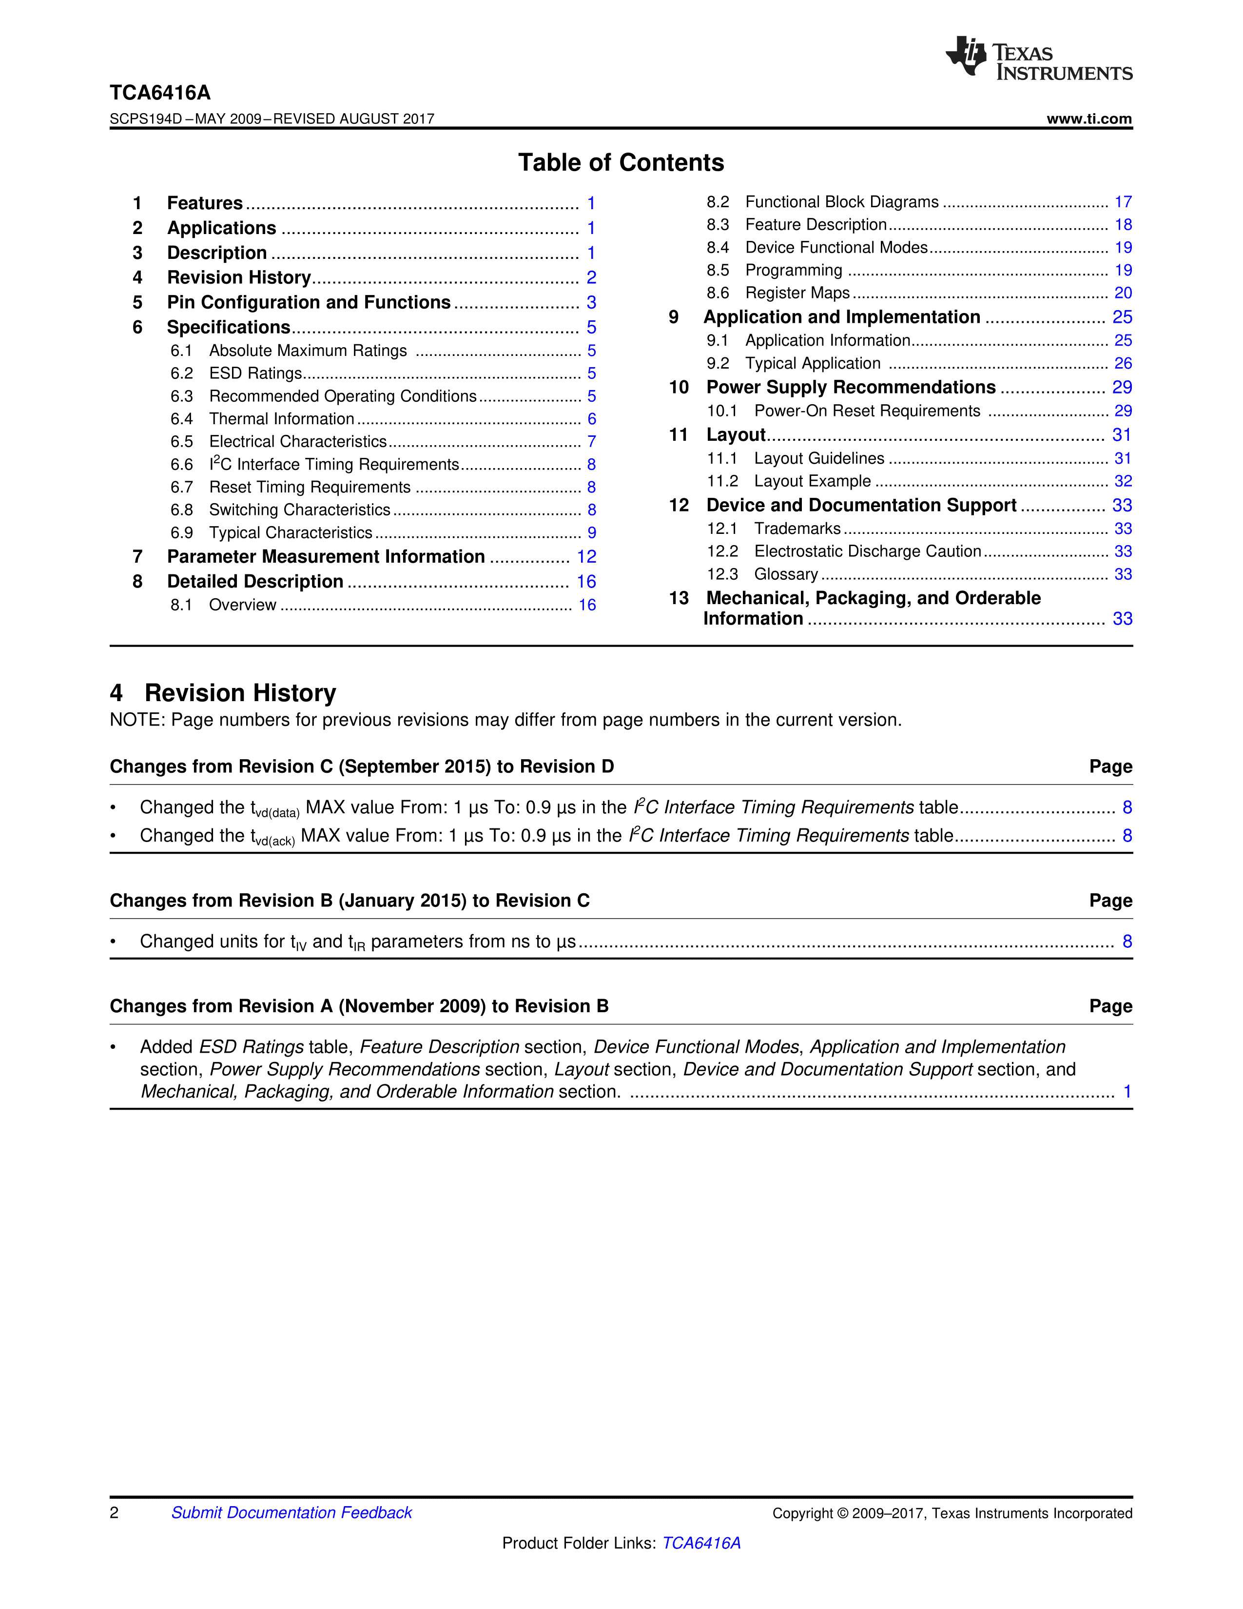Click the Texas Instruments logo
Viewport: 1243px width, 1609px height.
1038,58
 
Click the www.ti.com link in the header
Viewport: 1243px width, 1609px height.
1088,118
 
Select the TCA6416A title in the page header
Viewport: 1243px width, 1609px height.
160,93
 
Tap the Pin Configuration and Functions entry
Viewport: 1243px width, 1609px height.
309,303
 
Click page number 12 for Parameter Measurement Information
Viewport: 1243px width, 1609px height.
586,557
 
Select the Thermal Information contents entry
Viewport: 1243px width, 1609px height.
281,419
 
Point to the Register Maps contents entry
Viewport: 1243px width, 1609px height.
797,293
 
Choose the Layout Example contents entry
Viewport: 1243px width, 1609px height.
812,482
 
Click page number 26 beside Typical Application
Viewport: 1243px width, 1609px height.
1122,364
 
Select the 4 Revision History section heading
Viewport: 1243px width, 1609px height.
223,693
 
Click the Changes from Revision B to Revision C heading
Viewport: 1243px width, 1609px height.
350,901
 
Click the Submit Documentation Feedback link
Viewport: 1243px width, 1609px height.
291,1512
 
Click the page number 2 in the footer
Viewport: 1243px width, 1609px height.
114,1512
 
